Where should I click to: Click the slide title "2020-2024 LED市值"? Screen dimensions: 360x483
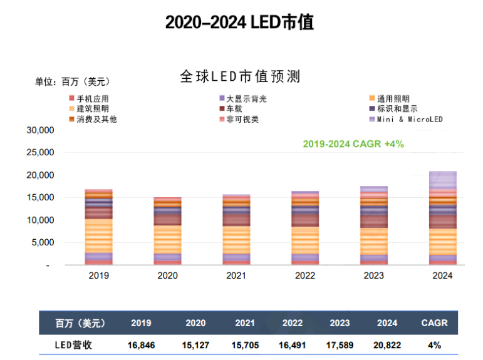(239, 23)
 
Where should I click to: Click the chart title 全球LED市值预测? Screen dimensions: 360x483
(241, 76)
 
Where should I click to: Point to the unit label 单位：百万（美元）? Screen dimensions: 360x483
(72, 81)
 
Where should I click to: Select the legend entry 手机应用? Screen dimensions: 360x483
(92, 99)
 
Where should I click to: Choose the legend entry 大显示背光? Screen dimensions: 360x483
(246, 99)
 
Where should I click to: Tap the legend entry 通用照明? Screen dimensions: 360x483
(393, 99)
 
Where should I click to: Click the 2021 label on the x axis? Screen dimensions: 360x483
(237, 275)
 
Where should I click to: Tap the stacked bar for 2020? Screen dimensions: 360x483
(167, 231)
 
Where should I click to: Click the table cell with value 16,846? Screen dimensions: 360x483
(142, 344)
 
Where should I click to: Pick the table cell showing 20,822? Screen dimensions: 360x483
(387, 344)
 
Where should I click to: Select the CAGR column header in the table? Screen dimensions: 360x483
(434, 323)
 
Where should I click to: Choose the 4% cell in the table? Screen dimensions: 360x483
(434, 344)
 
